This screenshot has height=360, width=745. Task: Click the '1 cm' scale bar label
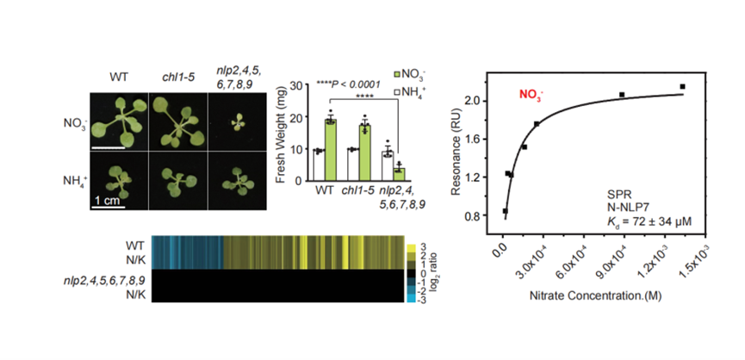click(x=109, y=201)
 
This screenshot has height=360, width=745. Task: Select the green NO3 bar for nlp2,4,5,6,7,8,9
click(x=399, y=173)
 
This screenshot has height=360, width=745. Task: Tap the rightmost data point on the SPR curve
click(x=682, y=86)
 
